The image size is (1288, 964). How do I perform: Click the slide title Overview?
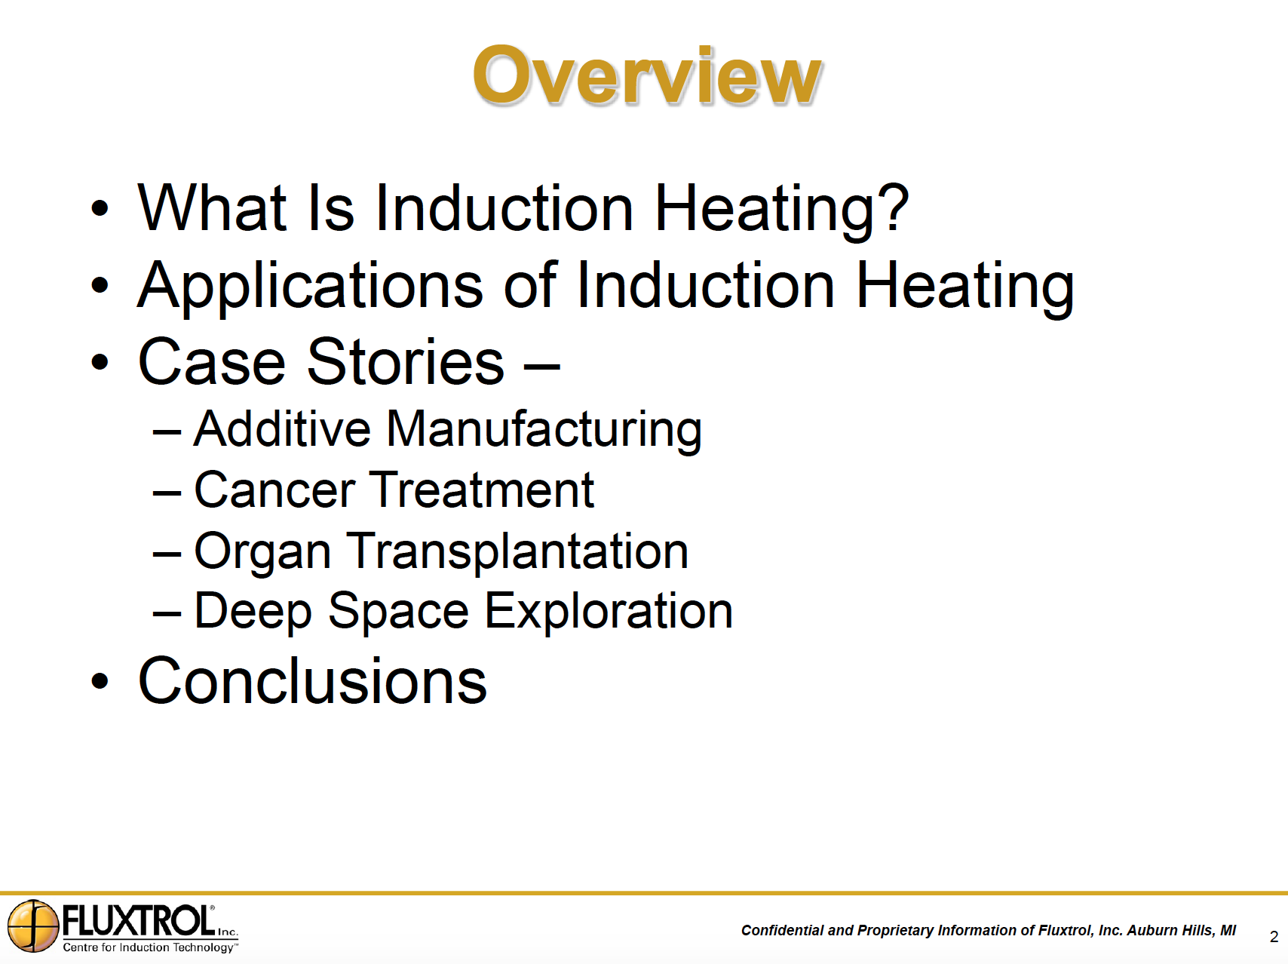[647, 75]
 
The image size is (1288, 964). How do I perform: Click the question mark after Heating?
[895, 207]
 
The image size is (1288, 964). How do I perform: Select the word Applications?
[310, 287]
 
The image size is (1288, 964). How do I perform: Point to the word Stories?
[406, 361]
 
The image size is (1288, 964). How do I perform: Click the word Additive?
[282, 428]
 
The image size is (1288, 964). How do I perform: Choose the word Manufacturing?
[544, 430]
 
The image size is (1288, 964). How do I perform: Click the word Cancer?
[274, 490]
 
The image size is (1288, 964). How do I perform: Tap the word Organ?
[262, 552]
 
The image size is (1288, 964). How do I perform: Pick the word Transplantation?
[517, 552]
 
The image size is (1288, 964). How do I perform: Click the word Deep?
[253, 612]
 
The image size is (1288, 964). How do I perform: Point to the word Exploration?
[608, 612]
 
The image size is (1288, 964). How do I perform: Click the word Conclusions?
[313, 680]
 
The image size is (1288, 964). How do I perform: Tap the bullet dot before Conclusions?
[100, 681]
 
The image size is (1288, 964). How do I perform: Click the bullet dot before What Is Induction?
[100, 207]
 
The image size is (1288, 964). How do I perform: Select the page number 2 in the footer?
[1274, 937]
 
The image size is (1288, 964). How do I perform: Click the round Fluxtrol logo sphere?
[33, 926]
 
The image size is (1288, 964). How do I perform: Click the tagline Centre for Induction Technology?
[149, 947]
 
